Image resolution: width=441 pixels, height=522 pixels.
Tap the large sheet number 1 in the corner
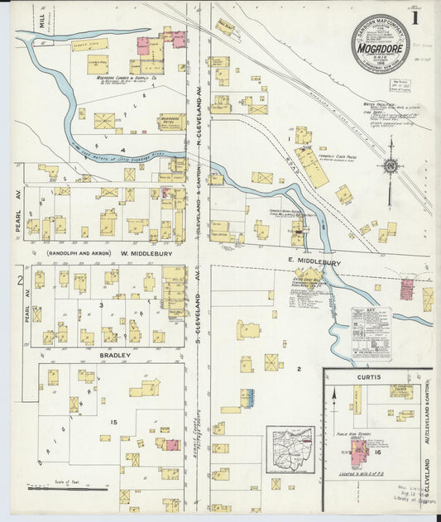click(415, 17)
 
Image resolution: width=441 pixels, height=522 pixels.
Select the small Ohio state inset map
click(290, 449)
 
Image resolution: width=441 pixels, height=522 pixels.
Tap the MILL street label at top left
click(41, 20)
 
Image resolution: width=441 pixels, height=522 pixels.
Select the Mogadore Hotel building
click(171, 122)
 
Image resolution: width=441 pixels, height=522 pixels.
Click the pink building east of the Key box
click(406, 289)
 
